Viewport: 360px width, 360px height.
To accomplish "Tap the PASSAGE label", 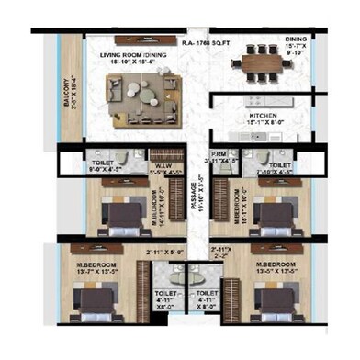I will pos(196,196).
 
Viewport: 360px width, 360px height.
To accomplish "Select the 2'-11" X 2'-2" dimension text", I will pos(219,254).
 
